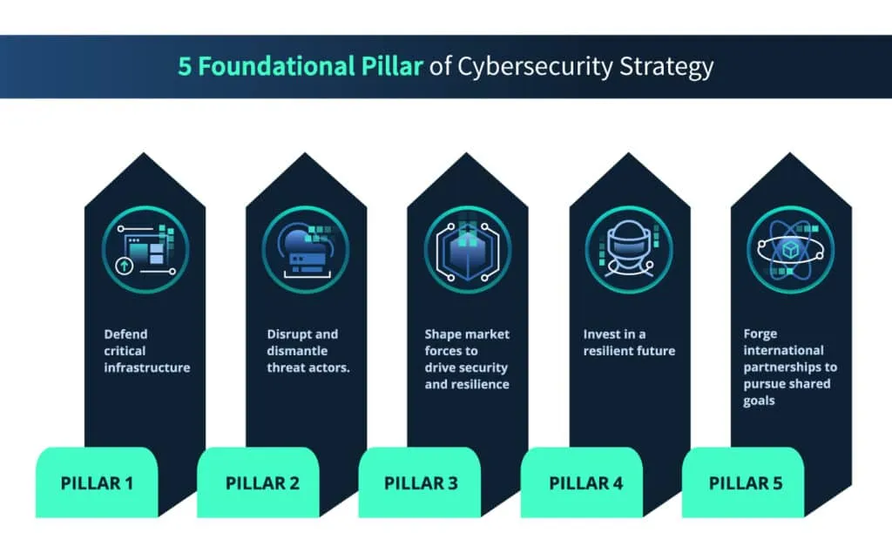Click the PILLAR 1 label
click(x=97, y=482)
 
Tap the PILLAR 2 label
click(x=259, y=482)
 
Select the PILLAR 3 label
click(x=421, y=482)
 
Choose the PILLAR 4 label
click(x=582, y=482)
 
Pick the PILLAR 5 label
click(x=744, y=482)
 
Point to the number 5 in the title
click(x=185, y=67)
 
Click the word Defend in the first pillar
click(x=125, y=334)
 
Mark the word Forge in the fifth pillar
click(x=760, y=334)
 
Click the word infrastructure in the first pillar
click(x=146, y=368)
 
